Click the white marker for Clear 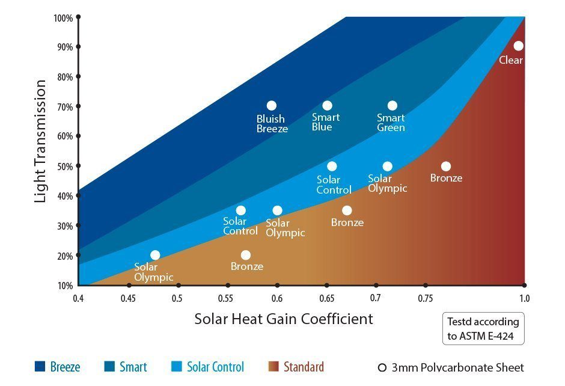[518, 46]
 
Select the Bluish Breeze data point [272, 106]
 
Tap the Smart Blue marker [327, 106]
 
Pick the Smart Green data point [392, 106]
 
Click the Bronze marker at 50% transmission [446, 167]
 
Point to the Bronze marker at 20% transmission [246, 255]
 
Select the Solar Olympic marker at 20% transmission [155, 255]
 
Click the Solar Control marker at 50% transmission [332, 167]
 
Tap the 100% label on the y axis [63, 18]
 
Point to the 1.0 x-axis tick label [525, 298]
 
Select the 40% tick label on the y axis [65, 196]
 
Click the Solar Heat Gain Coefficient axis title [284, 319]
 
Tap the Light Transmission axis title [40, 142]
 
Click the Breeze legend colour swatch [40, 367]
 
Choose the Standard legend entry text [304, 367]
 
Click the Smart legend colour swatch [109, 367]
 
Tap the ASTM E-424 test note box [483, 328]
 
